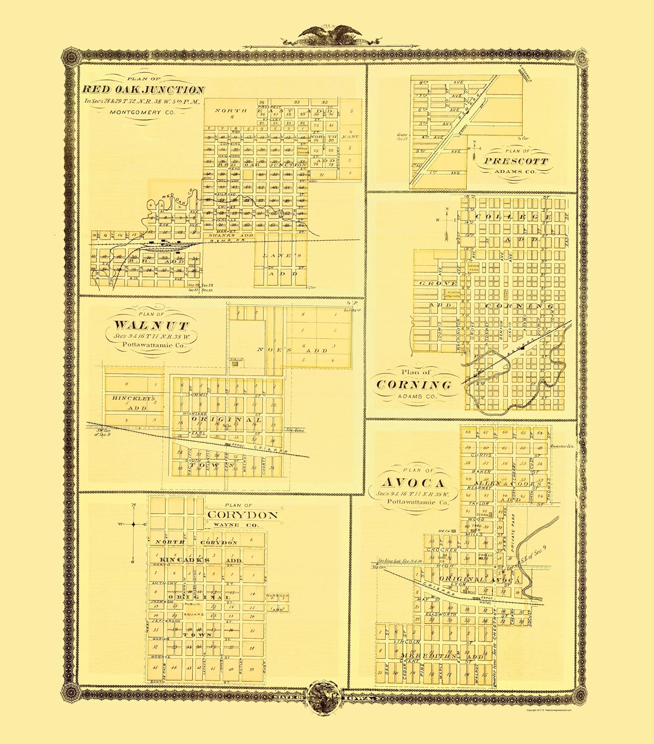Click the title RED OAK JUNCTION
coord(143,90)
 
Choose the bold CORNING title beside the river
coord(414,385)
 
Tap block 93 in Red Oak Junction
coord(297,102)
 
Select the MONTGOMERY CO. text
coord(143,113)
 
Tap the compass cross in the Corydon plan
coord(133,524)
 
